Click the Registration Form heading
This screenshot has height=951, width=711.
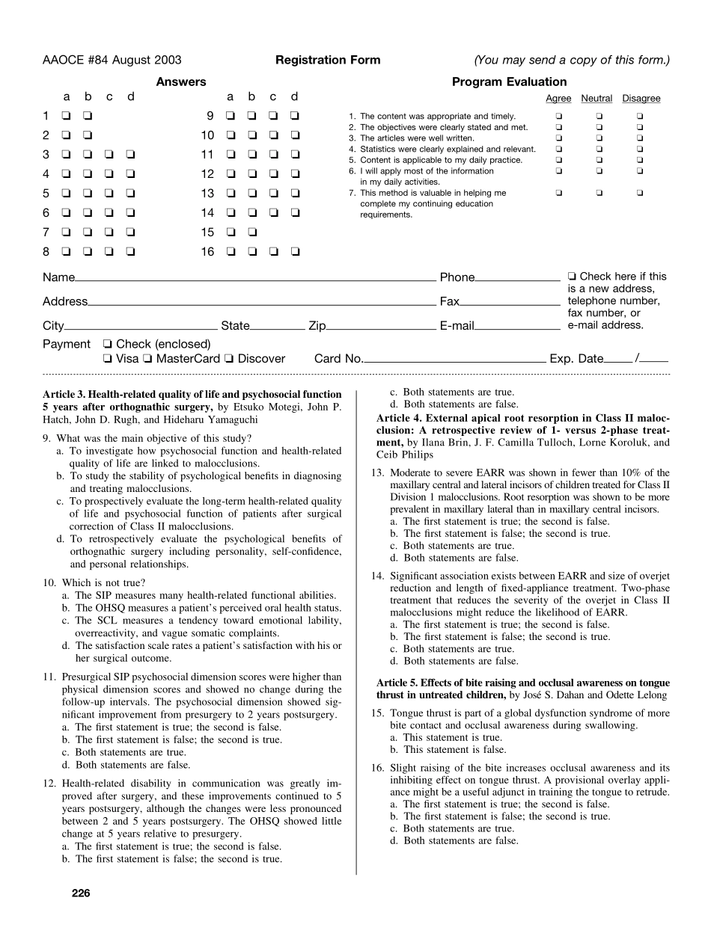click(328, 61)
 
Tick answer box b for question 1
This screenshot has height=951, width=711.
click(88, 116)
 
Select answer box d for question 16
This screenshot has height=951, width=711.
click(295, 252)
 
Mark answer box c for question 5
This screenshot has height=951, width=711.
click(109, 194)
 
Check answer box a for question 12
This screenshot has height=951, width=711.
click(230, 174)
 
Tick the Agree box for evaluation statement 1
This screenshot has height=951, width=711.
click(558, 117)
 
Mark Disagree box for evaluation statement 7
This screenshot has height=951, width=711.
click(641, 193)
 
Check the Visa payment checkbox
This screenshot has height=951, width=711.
click(108, 359)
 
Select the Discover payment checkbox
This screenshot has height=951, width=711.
click(229, 359)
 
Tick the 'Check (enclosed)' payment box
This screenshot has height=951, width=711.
click(108, 345)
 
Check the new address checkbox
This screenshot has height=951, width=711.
click(573, 277)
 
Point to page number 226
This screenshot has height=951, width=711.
click(82, 893)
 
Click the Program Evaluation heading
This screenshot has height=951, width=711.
click(509, 82)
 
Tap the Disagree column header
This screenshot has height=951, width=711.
click(641, 99)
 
